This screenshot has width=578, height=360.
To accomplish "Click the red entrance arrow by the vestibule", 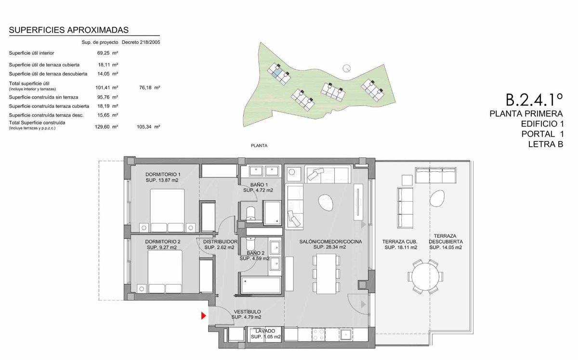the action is [204, 316].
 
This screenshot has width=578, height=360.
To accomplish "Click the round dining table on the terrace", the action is [425, 277].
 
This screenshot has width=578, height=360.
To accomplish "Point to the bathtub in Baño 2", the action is [261, 285].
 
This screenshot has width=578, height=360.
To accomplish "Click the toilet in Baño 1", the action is [250, 214].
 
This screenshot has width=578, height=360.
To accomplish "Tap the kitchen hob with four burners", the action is [318, 334].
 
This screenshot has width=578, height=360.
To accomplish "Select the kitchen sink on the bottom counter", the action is [346, 334].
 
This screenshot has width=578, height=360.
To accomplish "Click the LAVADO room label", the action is [265, 331].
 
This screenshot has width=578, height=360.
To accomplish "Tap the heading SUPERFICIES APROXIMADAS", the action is [68, 30].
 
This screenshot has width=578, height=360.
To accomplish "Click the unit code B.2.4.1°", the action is [534, 100].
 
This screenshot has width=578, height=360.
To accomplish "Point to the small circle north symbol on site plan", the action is [346, 68].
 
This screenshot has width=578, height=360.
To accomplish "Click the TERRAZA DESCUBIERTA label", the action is [446, 239].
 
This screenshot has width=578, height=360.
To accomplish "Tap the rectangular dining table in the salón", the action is [326, 274].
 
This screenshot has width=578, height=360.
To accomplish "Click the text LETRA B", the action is [545, 144].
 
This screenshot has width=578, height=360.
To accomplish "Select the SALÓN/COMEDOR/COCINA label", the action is [330, 242].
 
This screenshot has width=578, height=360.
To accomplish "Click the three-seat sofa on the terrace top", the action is [435, 175].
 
